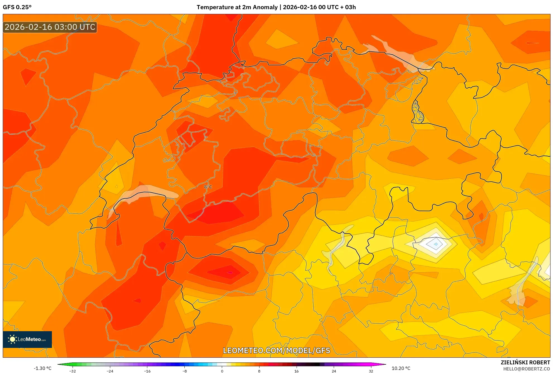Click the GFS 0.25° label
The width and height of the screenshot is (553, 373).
pos(17,7)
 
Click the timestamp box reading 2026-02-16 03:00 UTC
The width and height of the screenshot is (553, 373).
pos(50,27)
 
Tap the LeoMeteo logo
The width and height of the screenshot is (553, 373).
pos(27,339)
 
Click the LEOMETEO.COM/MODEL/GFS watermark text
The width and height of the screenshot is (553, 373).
pos(276,350)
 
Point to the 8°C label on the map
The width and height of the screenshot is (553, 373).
pos(208,187)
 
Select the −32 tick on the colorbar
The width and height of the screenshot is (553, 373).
pos(73,371)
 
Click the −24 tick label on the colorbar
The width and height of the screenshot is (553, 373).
pos(110,371)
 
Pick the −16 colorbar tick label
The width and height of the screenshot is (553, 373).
pos(147,371)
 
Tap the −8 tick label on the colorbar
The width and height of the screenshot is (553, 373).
pos(185,371)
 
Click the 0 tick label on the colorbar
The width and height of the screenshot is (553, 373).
pos(222,371)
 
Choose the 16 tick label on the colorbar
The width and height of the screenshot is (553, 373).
pos(297,371)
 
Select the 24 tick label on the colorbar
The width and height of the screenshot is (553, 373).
pos(334,371)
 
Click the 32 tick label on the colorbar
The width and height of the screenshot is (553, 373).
pos(371,371)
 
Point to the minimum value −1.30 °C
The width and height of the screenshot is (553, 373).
pos(43,368)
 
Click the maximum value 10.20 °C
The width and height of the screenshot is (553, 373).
pos(401,368)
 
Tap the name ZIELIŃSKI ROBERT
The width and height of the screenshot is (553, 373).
pos(525,362)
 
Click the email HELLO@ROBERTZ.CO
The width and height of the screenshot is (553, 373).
pos(526,369)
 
